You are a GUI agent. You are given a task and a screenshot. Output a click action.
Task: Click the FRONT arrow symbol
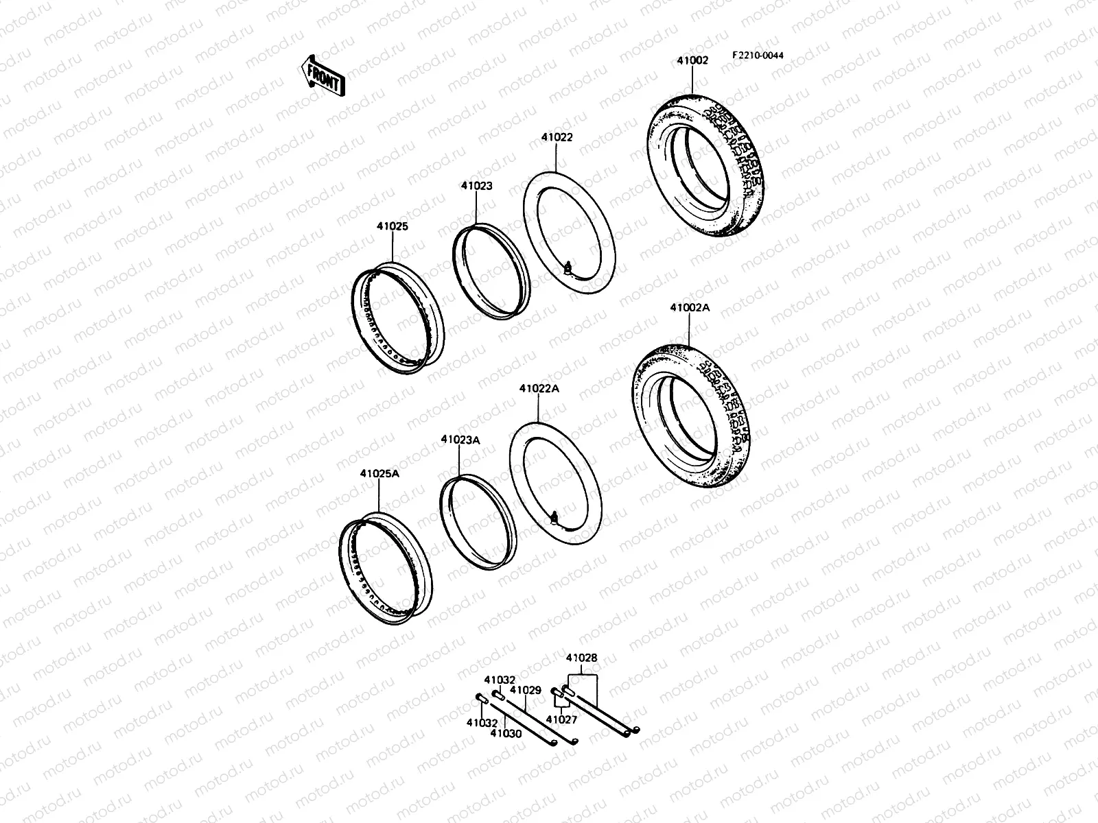321,76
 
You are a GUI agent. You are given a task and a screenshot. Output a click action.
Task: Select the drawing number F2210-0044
757,56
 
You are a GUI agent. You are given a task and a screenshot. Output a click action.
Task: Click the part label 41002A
690,308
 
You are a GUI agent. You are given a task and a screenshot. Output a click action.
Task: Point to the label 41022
557,137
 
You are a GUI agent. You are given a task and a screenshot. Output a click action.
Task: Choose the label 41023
476,186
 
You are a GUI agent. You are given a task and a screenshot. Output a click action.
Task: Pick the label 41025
392,226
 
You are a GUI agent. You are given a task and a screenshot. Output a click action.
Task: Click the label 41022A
539,388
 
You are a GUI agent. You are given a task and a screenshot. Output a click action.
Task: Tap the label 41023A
460,440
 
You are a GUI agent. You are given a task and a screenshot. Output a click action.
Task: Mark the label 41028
581,658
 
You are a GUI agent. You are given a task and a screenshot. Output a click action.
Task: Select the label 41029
526,689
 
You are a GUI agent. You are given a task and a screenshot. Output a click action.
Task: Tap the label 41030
506,733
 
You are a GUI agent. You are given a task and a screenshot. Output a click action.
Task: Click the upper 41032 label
500,680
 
